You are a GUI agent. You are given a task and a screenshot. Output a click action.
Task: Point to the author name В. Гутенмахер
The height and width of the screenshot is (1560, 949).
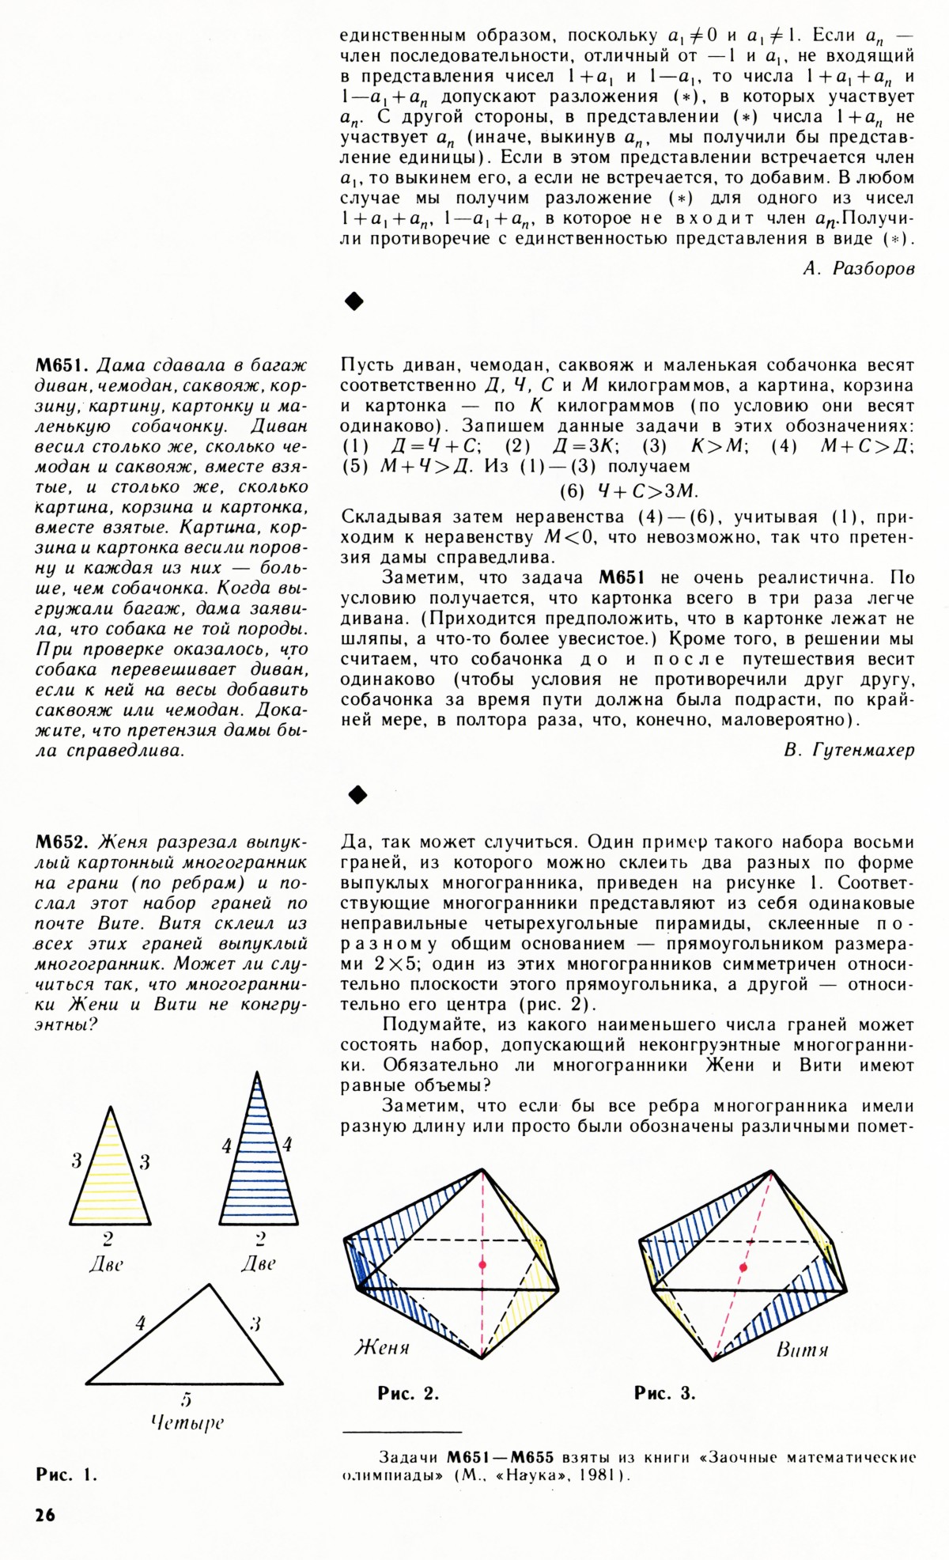849,751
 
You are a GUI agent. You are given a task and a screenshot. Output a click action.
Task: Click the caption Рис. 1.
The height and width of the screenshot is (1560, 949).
66,1474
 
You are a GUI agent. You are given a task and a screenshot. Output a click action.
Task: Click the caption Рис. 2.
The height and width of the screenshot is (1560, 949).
408,1393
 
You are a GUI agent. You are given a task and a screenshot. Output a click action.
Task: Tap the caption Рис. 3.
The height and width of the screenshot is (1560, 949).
665,1393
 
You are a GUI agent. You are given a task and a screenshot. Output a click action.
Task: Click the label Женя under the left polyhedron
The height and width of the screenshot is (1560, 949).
382,1346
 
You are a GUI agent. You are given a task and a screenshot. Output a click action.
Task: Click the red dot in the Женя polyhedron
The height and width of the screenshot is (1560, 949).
482,1265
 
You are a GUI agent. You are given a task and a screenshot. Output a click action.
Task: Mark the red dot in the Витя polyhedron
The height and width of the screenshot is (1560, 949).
743,1267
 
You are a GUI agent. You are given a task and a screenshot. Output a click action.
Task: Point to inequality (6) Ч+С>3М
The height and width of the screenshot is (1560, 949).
629,490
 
